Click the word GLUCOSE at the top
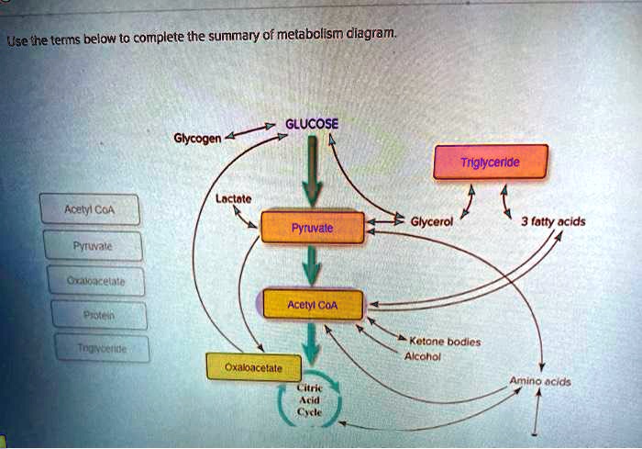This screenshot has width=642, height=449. click(x=312, y=125)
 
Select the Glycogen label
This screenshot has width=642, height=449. click(x=197, y=139)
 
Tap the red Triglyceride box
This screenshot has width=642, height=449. click(x=492, y=162)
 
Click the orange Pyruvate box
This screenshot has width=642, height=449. click(x=312, y=226)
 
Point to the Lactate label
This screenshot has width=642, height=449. click(x=231, y=198)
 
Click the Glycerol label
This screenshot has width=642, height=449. click(x=430, y=221)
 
